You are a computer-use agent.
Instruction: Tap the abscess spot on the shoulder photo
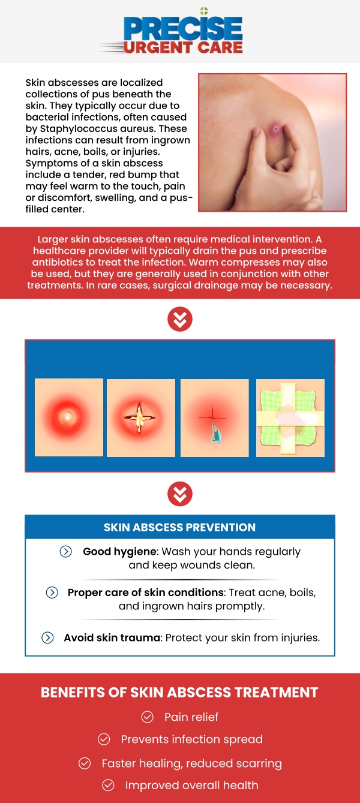(x=275, y=128)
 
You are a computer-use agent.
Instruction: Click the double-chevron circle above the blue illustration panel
(x=180, y=319)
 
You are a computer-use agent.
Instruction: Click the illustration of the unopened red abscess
(x=69, y=417)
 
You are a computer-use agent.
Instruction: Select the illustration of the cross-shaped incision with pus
(x=141, y=417)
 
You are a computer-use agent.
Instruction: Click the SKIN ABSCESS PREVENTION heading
(x=179, y=528)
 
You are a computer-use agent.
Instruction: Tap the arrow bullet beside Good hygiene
(x=66, y=552)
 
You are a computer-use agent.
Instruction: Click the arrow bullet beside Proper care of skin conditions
(x=52, y=593)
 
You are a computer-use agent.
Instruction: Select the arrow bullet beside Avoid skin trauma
(x=48, y=637)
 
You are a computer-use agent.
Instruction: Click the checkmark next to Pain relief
(x=147, y=717)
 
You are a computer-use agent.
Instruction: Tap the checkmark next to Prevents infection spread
(x=104, y=739)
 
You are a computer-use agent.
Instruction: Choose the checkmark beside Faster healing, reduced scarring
(x=85, y=763)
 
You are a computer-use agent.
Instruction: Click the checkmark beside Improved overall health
(x=108, y=785)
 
